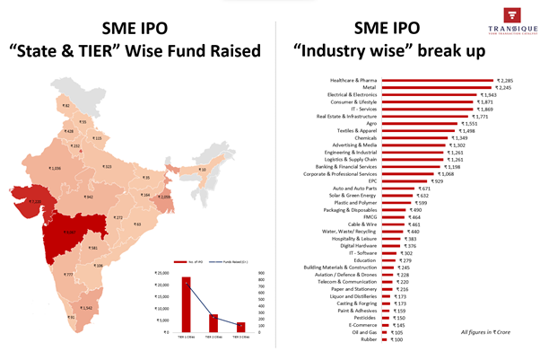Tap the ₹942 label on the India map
[88, 197]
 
